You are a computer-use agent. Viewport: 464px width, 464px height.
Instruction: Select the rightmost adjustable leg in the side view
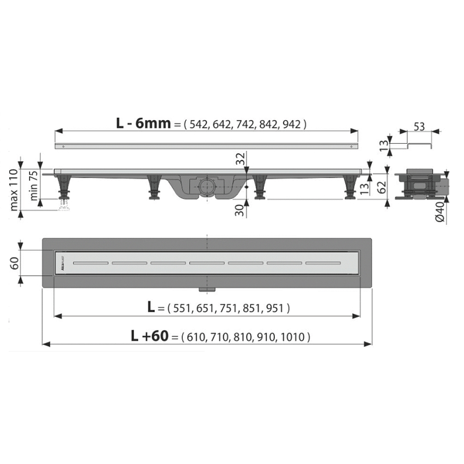[351, 187]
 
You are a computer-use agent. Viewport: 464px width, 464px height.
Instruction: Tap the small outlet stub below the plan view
[206, 288]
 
